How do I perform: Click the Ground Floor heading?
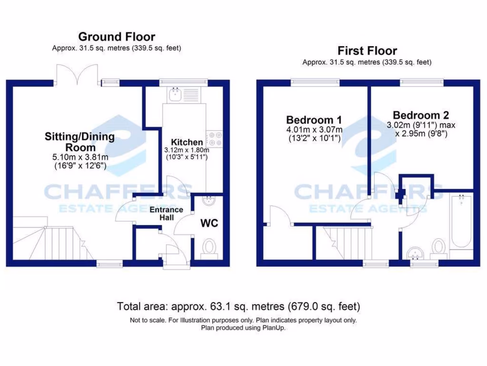pos(117,37)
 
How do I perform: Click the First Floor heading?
pos(367,51)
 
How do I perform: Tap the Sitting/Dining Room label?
pos(79,142)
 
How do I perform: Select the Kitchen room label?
pos(187,142)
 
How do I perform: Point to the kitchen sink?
pos(175,95)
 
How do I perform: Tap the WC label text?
pos(209,223)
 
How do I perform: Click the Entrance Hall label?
pos(166,213)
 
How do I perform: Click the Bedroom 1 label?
pos(313,119)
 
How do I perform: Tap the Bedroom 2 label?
pos(421,115)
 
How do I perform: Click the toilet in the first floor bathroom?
pos(438,248)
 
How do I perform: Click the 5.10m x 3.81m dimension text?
pos(79,157)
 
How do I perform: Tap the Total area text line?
pos(239,306)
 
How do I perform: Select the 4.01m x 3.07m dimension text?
pos(314,130)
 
